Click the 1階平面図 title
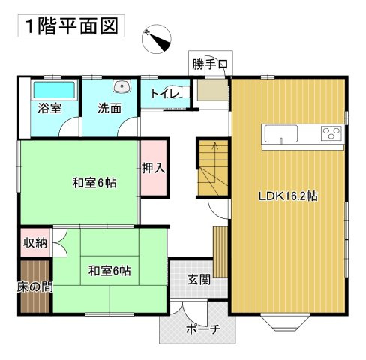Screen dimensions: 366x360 point(71,26)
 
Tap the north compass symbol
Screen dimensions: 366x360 point(157,39)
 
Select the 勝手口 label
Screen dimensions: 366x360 point(210,64)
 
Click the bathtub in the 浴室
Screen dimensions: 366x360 point(54,90)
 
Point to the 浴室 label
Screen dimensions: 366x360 point(49,109)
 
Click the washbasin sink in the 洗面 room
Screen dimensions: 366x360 point(121,85)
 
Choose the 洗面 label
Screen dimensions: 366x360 point(109,108)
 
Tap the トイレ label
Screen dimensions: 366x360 point(165,94)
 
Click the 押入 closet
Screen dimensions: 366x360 point(154,168)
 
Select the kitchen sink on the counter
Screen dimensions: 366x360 point(281,134)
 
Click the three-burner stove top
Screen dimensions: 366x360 point(331,133)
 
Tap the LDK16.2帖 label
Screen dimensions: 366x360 point(288,196)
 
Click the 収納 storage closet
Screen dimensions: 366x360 point(35,242)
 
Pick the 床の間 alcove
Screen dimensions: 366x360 point(34,286)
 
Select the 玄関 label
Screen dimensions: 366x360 point(199,279)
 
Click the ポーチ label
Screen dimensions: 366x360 point(203,329)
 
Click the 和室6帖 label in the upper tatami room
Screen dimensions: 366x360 point(94,183)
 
